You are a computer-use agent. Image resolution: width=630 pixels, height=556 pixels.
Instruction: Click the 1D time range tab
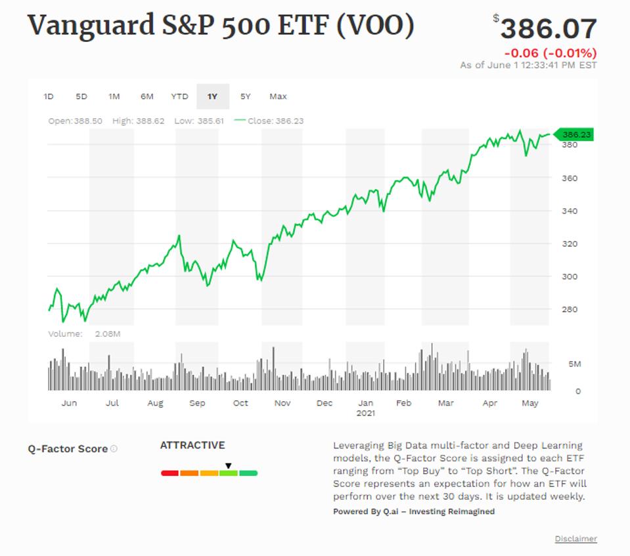[48, 96]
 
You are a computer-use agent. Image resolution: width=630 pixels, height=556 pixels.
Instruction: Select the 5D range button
[81, 96]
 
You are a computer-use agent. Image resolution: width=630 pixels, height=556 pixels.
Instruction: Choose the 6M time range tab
[146, 96]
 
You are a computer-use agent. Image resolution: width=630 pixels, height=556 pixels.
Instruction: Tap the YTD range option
[179, 96]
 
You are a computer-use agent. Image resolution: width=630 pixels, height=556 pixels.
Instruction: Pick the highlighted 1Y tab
[212, 96]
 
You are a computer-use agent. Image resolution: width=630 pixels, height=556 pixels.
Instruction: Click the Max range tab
[278, 96]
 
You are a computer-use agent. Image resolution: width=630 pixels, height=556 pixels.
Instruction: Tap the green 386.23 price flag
[575, 135]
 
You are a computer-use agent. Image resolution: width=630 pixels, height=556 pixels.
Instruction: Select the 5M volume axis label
[574, 364]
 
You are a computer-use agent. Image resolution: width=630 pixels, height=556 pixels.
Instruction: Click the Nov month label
[282, 403]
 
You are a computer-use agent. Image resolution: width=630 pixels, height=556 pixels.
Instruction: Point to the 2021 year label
[366, 414]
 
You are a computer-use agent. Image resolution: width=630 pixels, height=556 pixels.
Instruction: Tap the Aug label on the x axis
[155, 403]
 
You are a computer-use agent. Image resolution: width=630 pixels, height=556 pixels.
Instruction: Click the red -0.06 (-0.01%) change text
[551, 53]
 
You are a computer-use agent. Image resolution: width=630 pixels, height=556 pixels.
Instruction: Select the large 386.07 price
[549, 29]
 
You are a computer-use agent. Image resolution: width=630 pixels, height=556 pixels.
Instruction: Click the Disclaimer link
[575, 539]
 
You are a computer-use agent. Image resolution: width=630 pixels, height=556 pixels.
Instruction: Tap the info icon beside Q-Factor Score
[114, 449]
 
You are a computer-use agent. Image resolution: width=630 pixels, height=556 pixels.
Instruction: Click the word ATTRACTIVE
[192, 445]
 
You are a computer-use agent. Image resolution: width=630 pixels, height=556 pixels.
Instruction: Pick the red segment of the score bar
[170, 473]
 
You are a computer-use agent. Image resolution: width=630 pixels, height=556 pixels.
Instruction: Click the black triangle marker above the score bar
[228, 465]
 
